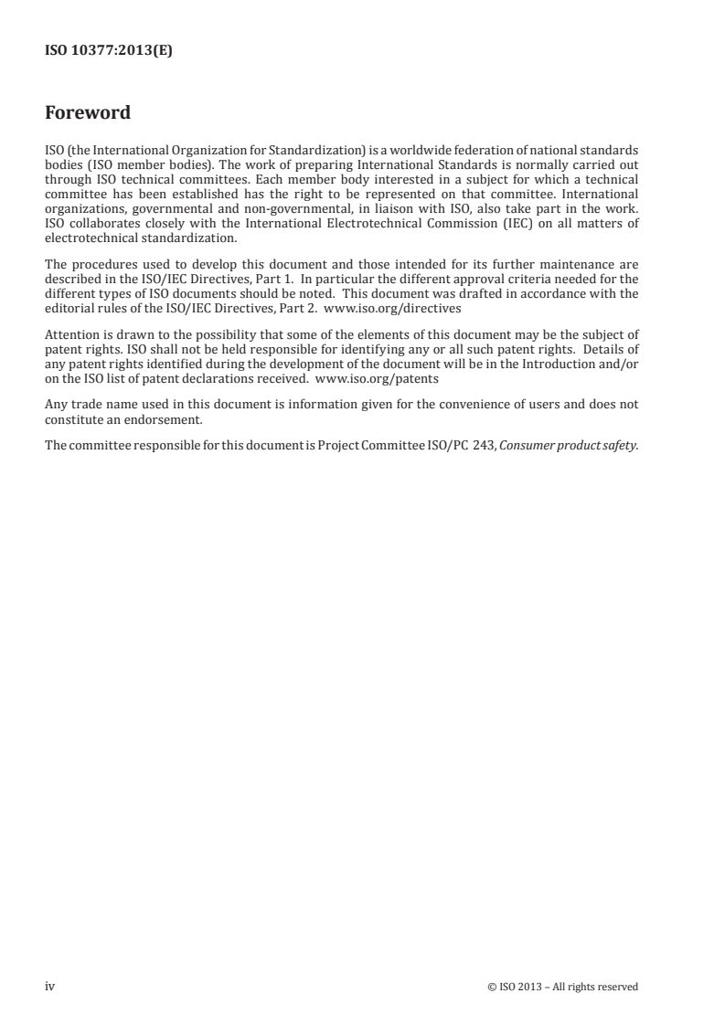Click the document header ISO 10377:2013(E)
tap(109, 51)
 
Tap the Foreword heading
tap(88, 114)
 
